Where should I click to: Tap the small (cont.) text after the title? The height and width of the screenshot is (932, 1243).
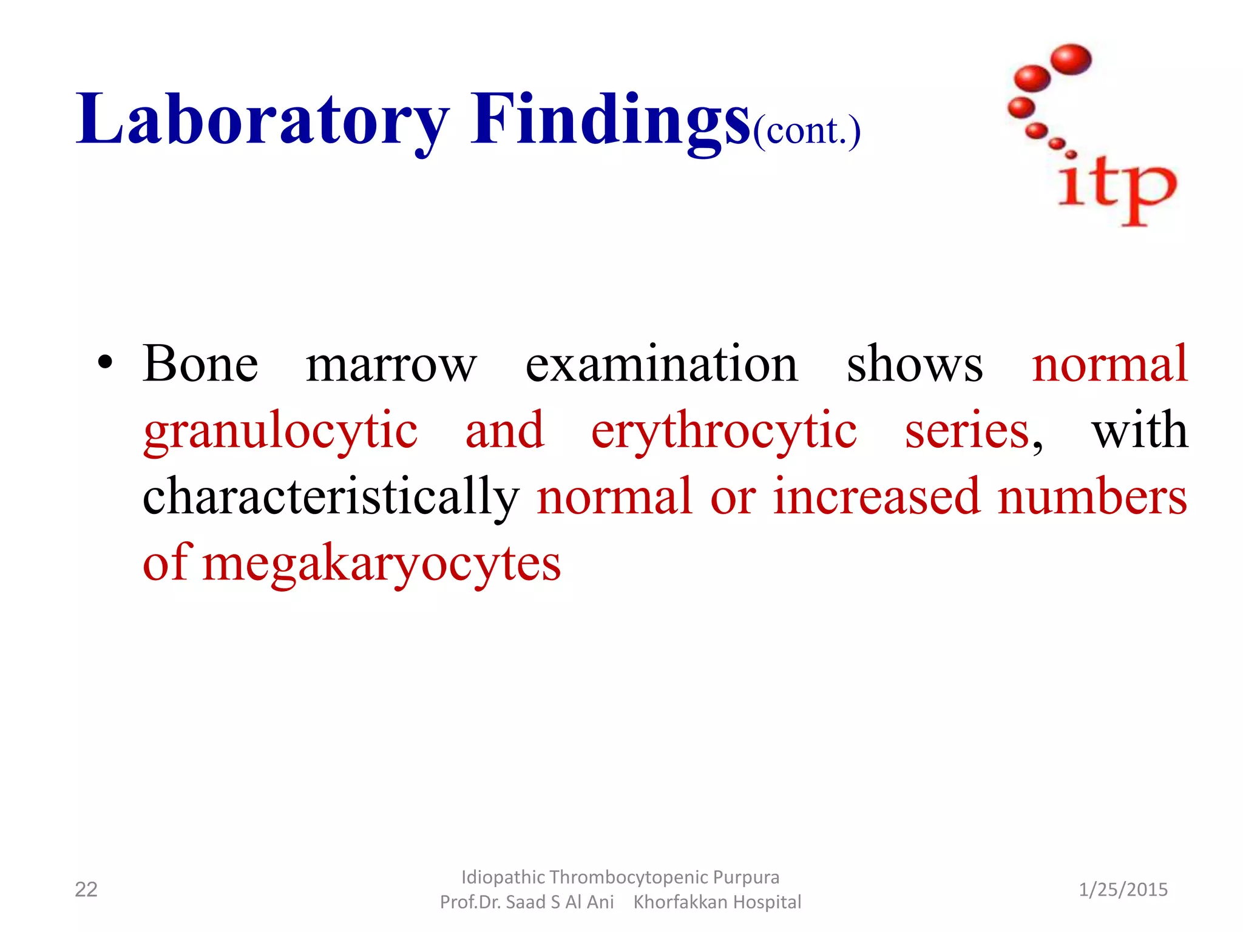pos(807,130)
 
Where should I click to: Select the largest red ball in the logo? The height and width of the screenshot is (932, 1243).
pos(1071,59)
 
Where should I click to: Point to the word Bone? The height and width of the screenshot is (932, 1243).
pos(200,364)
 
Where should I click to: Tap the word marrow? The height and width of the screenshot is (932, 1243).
pos(391,365)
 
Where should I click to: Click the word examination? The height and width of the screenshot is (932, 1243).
pos(661,364)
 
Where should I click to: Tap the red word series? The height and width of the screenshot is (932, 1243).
pos(967,431)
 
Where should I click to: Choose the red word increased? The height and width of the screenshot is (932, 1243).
pos(876,496)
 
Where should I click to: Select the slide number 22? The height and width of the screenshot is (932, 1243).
pos(86,890)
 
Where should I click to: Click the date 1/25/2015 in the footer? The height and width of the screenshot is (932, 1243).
pos(1123,890)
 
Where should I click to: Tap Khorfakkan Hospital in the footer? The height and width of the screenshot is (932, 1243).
pos(717,902)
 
